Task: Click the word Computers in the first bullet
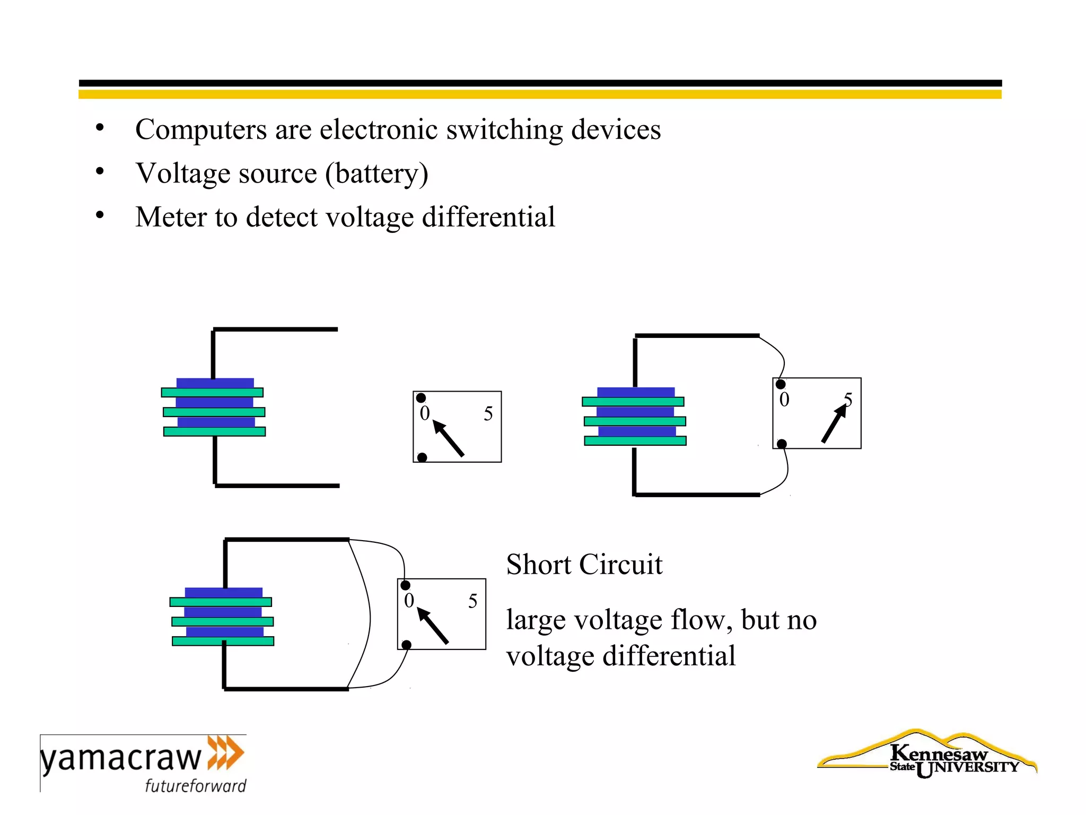(x=201, y=131)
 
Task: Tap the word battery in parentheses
(x=376, y=174)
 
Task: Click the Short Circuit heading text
(x=584, y=565)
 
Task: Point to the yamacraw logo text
(x=121, y=759)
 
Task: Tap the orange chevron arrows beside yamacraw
(x=225, y=752)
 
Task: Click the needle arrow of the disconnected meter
(x=448, y=438)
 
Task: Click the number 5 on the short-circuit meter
(x=472, y=601)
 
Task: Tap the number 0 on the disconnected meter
(x=424, y=413)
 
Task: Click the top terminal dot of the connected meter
(x=781, y=384)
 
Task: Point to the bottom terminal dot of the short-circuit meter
(x=407, y=645)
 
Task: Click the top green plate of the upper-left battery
(x=212, y=393)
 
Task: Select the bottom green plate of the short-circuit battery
(x=223, y=641)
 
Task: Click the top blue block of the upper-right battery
(x=636, y=392)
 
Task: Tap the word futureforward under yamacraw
(x=196, y=785)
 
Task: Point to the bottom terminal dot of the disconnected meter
(x=422, y=457)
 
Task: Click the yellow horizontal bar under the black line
(x=540, y=94)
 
